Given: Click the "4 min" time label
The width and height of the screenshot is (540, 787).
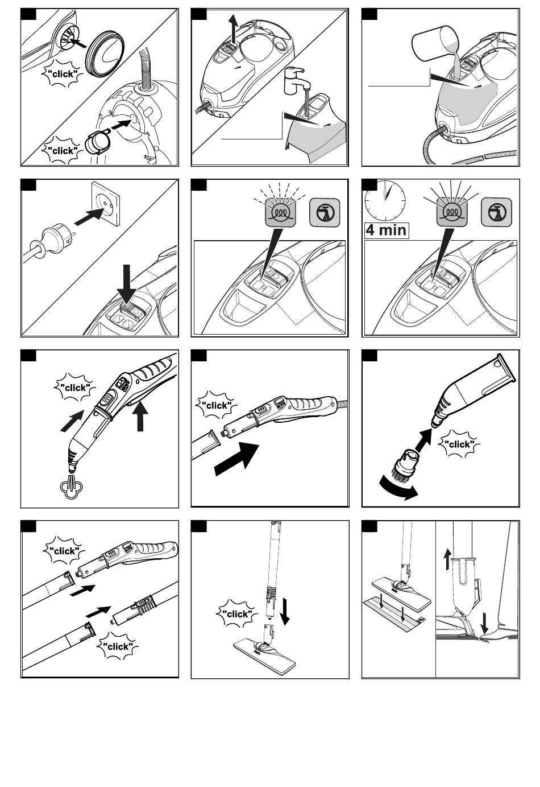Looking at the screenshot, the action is coord(387,230).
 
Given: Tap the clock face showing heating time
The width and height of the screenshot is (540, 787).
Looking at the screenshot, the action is coord(385,201).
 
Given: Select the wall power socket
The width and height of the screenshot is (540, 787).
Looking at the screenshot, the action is coord(105,204).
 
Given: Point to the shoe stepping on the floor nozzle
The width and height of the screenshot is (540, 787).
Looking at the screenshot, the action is coord(499,633).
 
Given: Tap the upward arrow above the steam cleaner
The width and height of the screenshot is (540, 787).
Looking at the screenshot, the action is coord(235,29).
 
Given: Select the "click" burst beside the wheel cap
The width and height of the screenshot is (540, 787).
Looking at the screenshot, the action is coord(63,74).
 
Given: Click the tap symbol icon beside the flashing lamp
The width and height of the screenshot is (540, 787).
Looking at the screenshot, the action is coord(325,213).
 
